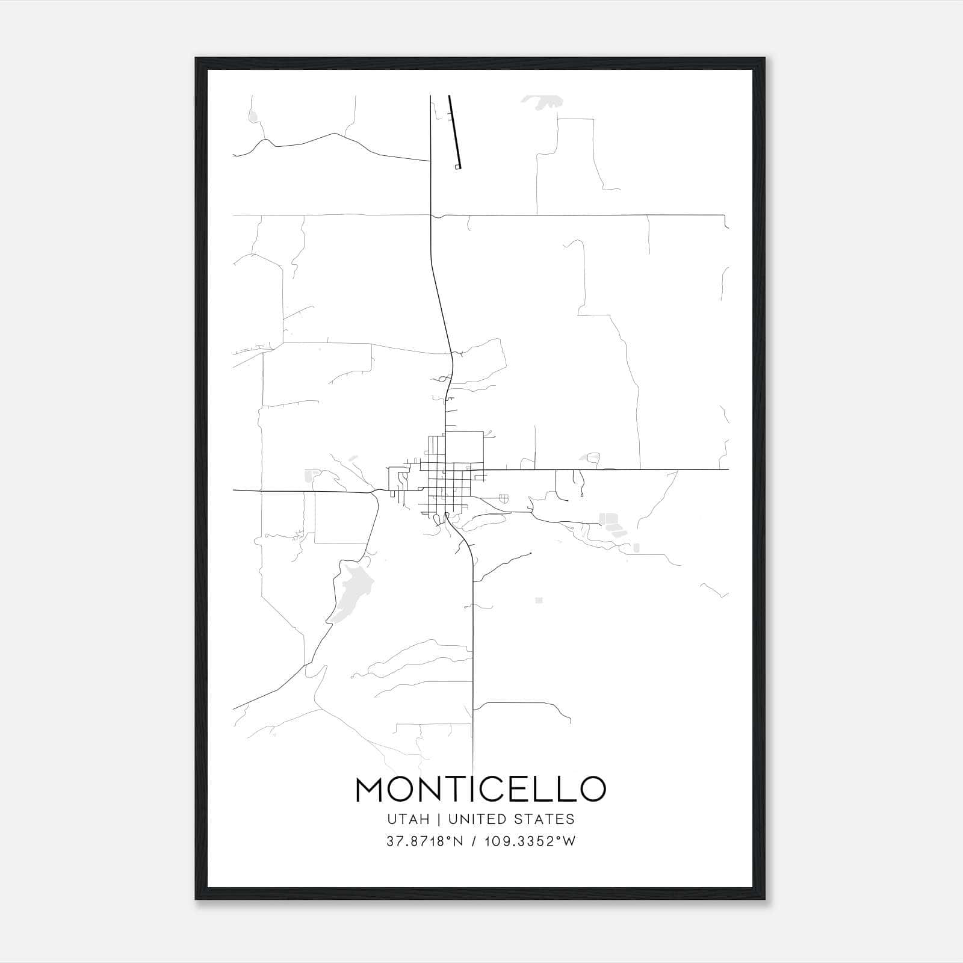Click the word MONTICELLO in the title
coord(480,789)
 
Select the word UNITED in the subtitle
coord(476,819)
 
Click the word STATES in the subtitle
coord(545,819)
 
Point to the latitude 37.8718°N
coord(424,841)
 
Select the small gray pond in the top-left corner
coord(253,116)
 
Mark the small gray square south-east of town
coord(539,600)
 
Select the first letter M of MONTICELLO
coord(370,789)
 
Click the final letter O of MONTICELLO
coord(592,789)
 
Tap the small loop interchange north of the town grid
coord(444,379)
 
